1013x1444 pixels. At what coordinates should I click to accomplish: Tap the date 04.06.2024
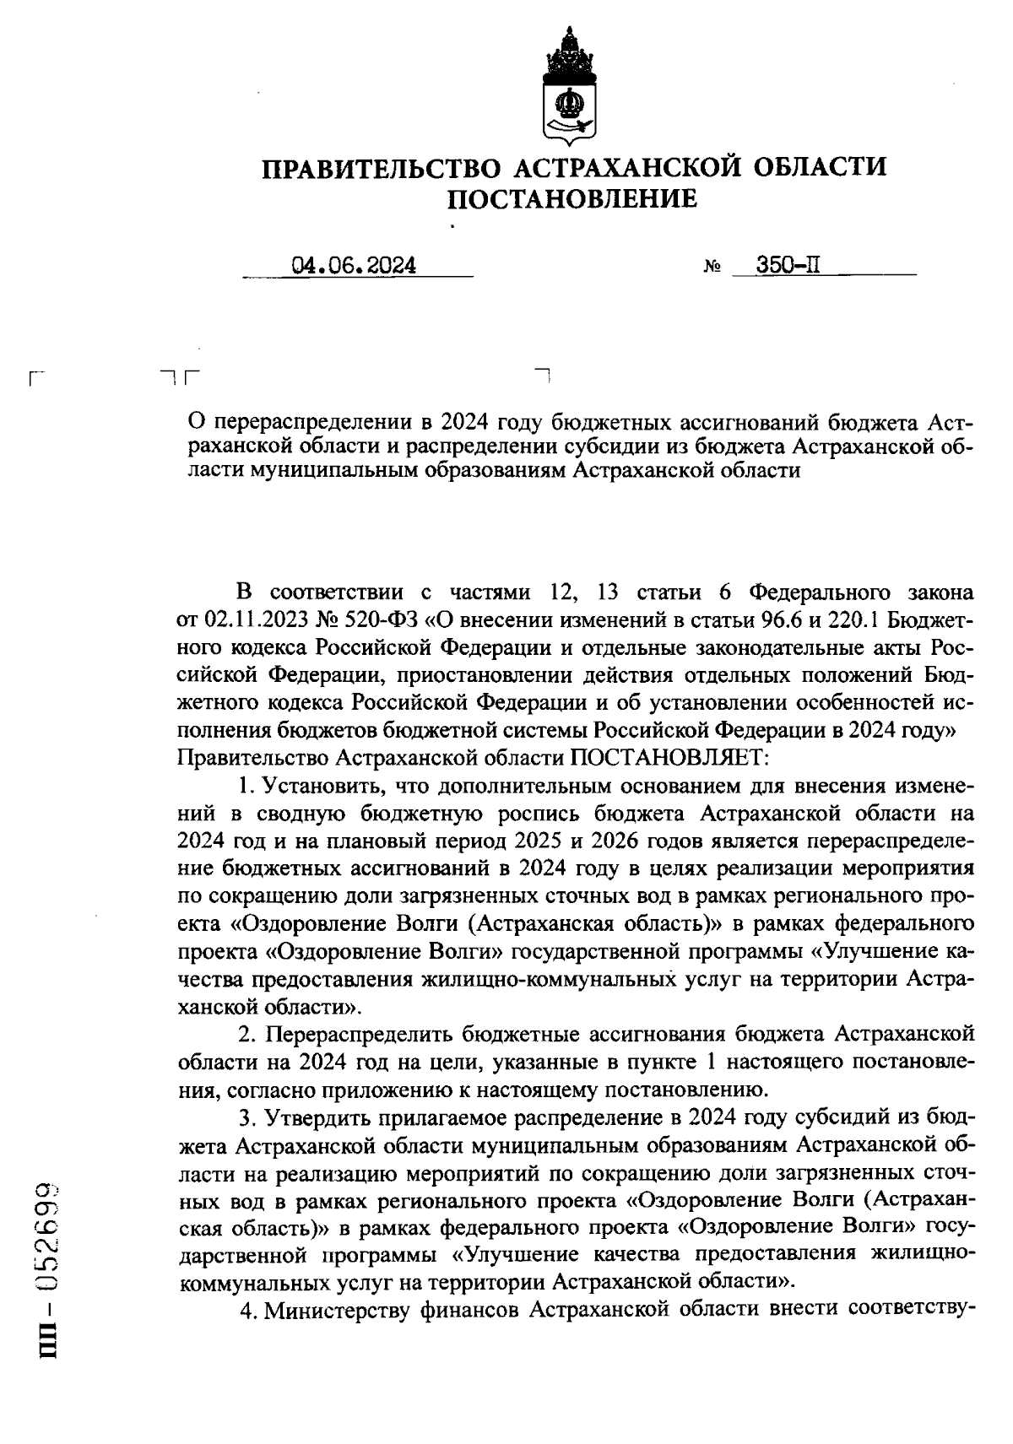(x=355, y=266)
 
